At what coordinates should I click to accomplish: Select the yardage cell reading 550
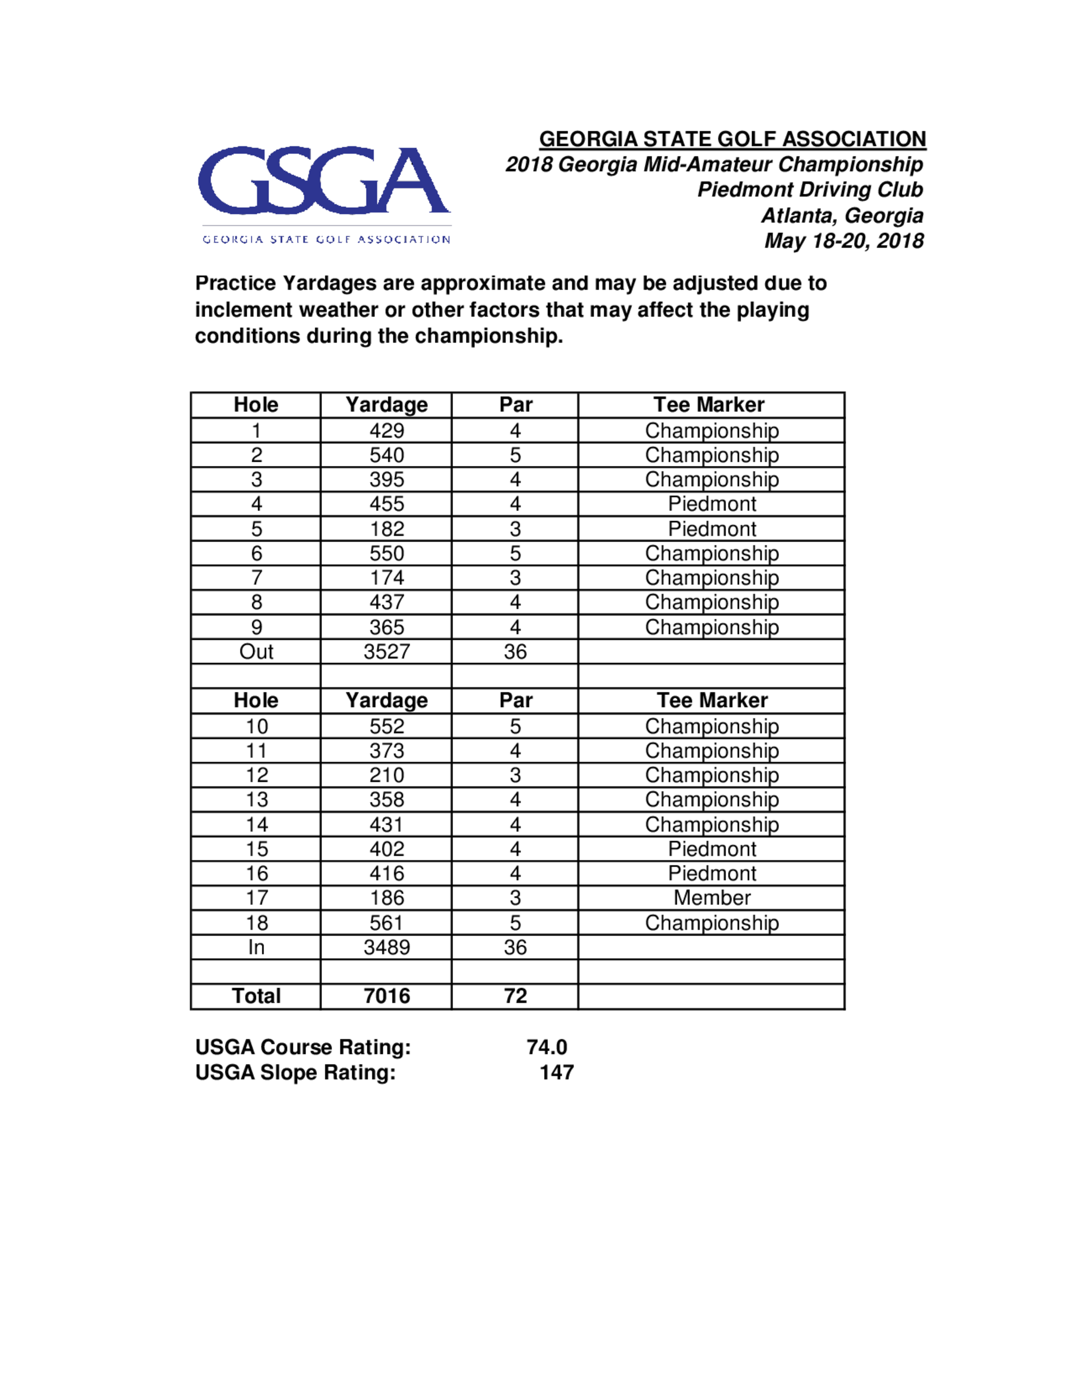coord(387,553)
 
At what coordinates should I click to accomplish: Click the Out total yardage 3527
coord(387,652)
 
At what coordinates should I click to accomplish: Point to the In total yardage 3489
coord(387,947)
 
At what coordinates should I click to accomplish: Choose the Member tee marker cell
coord(712,898)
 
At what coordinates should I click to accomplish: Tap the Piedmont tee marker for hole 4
coord(712,504)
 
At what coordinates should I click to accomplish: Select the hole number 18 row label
coord(257,923)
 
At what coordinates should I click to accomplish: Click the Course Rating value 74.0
coord(546,1047)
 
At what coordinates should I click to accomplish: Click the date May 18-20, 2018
coord(843,241)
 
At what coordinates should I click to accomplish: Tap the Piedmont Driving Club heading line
coord(810,190)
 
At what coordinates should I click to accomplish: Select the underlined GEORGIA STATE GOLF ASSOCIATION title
coord(732,139)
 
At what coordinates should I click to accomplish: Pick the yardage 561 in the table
coord(387,923)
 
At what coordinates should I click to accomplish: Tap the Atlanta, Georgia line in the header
coord(842,216)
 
